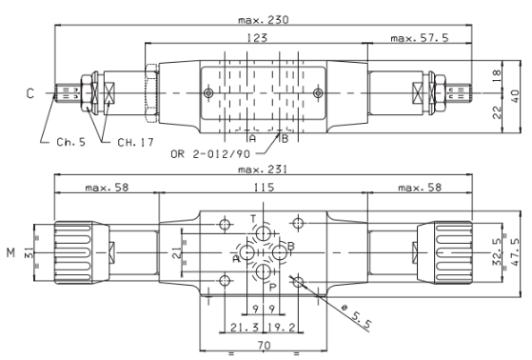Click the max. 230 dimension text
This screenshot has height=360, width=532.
[x=264, y=20]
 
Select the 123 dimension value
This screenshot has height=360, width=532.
[x=257, y=38]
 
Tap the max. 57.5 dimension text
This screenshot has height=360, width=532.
[x=420, y=38]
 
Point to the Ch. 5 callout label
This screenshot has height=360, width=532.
[x=71, y=142]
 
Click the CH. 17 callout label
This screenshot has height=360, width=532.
[x=135, y=142]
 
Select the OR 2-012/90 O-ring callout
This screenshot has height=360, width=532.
[x=210, y=154]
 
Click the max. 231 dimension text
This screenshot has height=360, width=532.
[x=263, y=170]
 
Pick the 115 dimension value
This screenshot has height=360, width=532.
[x=264, y=187]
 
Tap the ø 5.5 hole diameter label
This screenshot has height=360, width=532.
[x=356, y=317]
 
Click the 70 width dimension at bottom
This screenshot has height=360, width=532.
[x=264, y=346]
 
